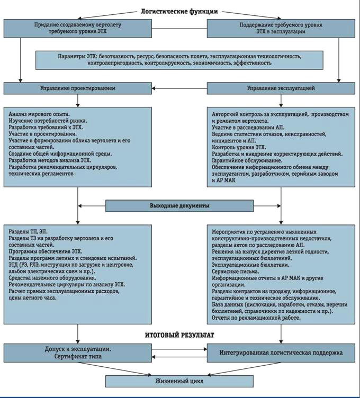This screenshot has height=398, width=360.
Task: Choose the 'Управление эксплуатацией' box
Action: click(x=281, y=88)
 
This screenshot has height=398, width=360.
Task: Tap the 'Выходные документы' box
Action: click(x=180, y=204)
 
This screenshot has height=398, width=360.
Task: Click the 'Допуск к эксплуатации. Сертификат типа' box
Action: click(x=78, y=352)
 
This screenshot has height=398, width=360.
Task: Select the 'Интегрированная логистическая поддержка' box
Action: click(x=281, y=352)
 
